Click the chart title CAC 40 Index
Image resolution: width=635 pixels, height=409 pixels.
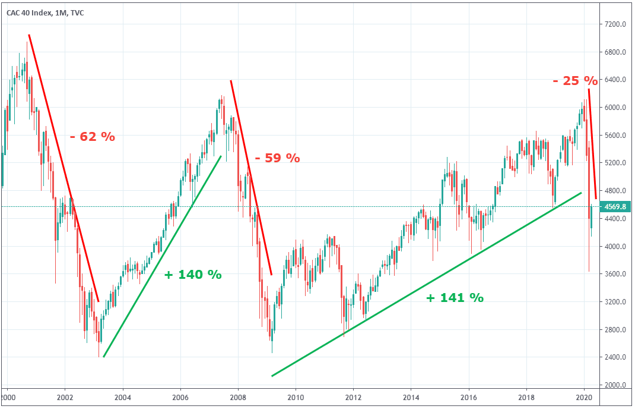point(45,12)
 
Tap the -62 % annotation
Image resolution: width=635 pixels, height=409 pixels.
point(92,136)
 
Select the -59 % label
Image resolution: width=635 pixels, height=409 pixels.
point(277,159)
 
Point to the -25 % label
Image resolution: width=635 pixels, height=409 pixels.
point(574,80)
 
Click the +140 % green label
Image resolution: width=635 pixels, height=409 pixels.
point(193,275)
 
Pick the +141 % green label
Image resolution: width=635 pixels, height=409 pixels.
point(455,298)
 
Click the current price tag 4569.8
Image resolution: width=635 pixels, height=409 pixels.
point(616,207)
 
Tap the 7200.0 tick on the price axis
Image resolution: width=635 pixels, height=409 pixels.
point(615,24)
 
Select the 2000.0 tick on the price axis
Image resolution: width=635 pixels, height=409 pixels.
point(615,385)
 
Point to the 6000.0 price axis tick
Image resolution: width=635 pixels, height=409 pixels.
point(615,108)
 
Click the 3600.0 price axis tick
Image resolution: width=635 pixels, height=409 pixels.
point(615,274)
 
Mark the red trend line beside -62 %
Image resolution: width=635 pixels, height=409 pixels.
point(63,168)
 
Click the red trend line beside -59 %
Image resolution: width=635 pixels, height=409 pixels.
point(251,178)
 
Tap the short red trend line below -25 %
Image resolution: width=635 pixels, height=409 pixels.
point(592,143)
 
